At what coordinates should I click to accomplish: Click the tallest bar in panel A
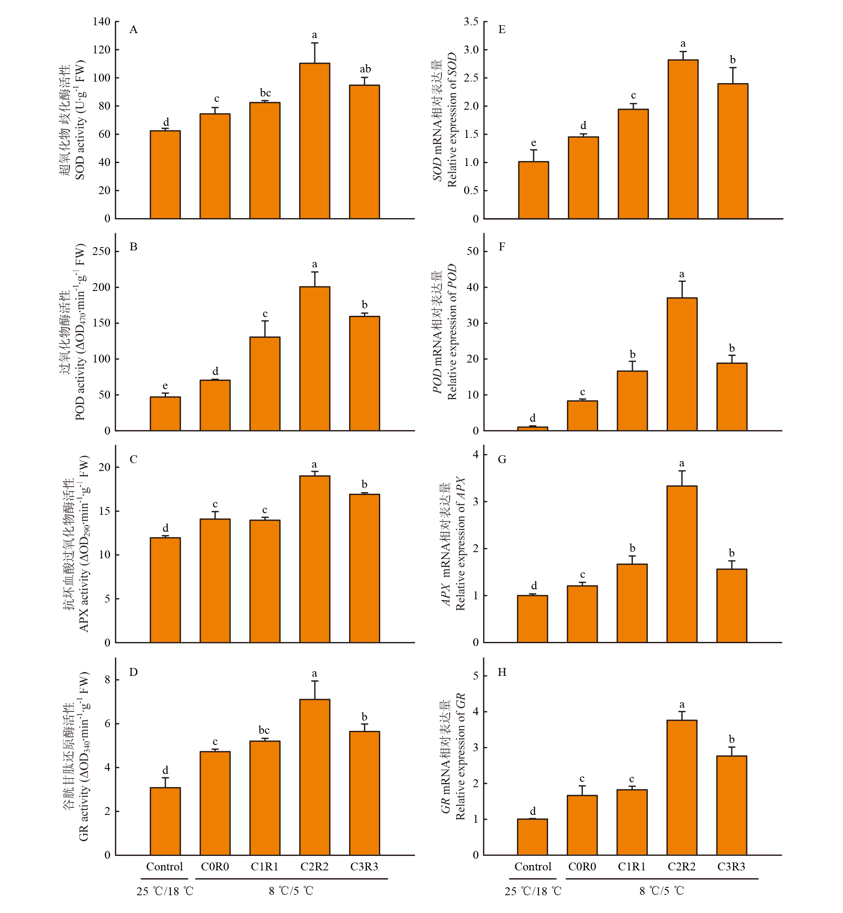314,141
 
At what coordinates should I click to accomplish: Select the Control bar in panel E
533,190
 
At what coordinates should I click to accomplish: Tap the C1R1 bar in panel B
265,384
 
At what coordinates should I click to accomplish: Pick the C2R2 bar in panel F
682,364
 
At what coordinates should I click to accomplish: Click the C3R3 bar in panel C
364,568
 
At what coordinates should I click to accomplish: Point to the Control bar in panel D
165,821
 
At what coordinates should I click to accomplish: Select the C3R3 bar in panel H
731,805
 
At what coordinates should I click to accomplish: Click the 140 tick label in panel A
101,22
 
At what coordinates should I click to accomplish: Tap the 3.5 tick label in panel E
471,22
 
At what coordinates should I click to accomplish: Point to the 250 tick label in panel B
101,251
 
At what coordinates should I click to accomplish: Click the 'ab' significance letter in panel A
365,69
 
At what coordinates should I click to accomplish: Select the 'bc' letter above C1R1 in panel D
264,730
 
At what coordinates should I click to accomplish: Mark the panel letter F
502,247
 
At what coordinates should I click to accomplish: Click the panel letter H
502,672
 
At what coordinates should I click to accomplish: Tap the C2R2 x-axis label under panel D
314,866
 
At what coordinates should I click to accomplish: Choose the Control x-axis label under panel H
533,866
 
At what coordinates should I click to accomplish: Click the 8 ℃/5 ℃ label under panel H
661,891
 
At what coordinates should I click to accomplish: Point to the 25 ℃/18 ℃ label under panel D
165,891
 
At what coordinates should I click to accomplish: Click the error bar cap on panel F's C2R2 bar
682,281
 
